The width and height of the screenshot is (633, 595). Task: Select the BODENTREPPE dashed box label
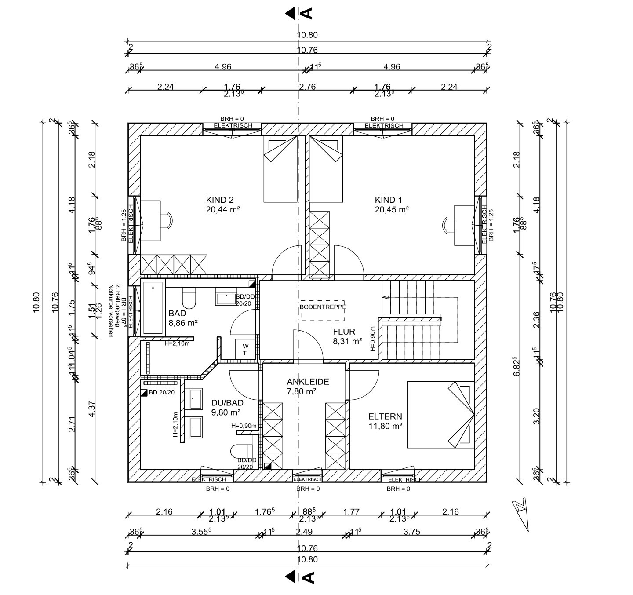pyautogui.click(x=323, y=307)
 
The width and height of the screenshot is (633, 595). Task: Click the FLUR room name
pyautogui.click(x=344, y=332)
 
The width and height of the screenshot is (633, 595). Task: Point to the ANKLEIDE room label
pyautogui.click(x=308, y=382)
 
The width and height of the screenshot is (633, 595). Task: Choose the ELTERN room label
pyautogui.click(x=385, y=416)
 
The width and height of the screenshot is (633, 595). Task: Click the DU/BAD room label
pyautogui.click(x=227, y=403)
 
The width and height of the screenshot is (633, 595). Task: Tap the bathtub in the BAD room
pyautogui.click(x=153, y=307)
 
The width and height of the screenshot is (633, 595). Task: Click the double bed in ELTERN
pyautogui.click(x=440, y=414)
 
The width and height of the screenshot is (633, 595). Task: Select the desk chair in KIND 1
pyautogui.click(x=447, y=225)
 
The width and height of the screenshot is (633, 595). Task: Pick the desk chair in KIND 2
pyautogui.click(x=167, y=220)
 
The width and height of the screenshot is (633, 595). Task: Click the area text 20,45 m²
pyautogui.click(x=392, y=210)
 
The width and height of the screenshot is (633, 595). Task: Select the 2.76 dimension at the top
pyautogui.click(x=307, y=87)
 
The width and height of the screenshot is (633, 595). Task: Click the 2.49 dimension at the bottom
pyautogui.click(x=304, y=532)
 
